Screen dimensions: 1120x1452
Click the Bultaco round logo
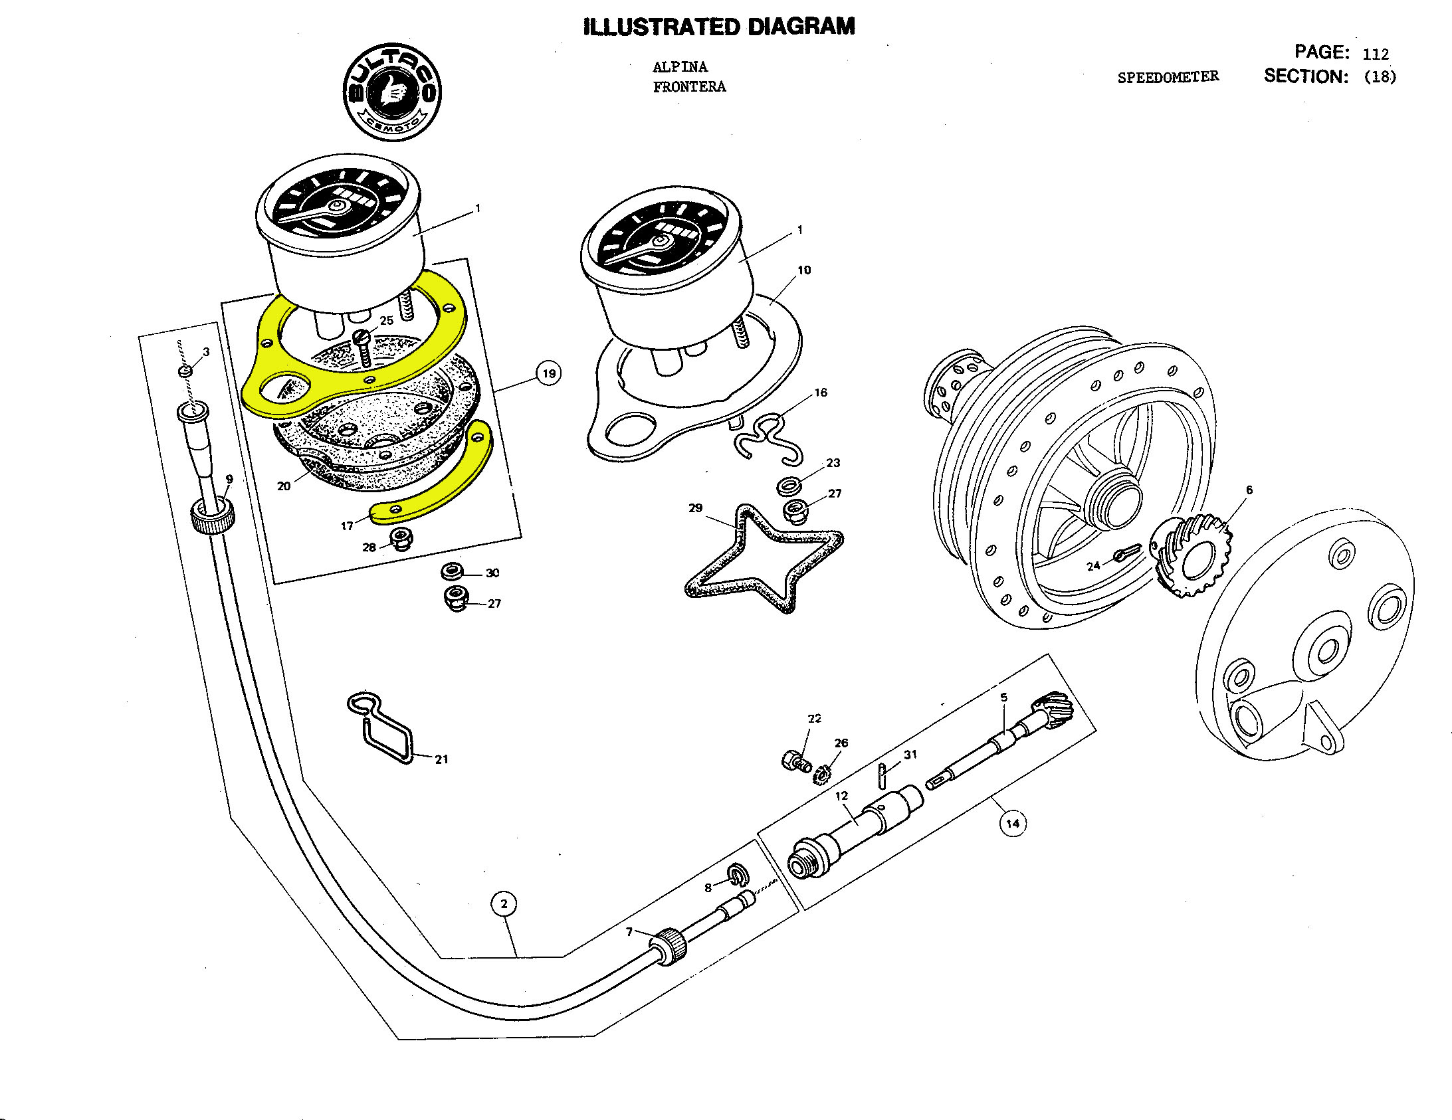pyautogui.click(x=392, y=92)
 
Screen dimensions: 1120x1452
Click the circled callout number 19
pyautogui.click(x=548, y=373)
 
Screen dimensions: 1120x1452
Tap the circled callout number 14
pyautogui.click(x=1012, y=824)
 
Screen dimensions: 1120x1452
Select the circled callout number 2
pyautogui.click(x=504, y=904)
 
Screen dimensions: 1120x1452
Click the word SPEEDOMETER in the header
pyautogui.click(x=1168, y=77)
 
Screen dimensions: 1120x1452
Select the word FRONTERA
pyautogui.click(x=689, y=87)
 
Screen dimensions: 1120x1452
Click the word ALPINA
pyautogui.click(x=680, y=67)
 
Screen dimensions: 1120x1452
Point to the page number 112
pyautogui.click(x=1376, y=54)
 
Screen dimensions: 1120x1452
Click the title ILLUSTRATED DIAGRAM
pyautogui.click(x=718, y=27)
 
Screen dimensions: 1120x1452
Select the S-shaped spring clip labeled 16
pyautogui.click(x=768, y=438)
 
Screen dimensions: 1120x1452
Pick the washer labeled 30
pyautogui.click(x=453, y=571)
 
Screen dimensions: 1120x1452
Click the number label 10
pyautogui.click(x=804, y=270)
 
